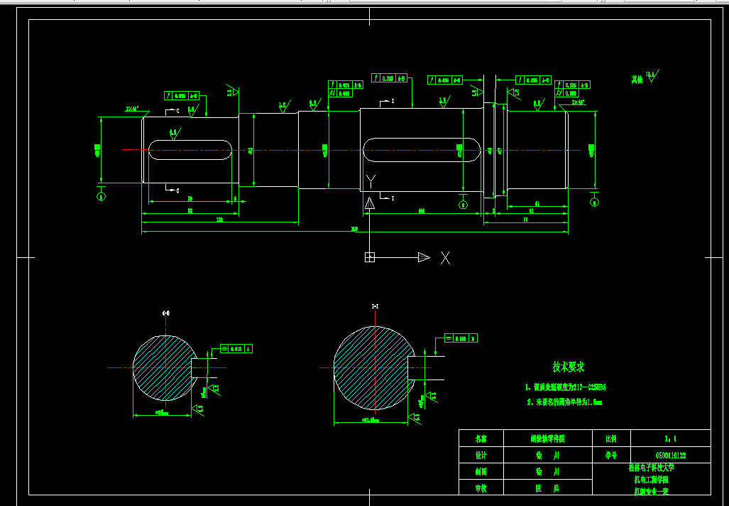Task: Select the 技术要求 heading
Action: pos(568,367)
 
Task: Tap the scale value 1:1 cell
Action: pos(670,438)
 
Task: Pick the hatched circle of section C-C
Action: pos(163,368)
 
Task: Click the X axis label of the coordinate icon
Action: pos(445,257)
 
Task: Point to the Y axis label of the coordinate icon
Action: pos(369,179)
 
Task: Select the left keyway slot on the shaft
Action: pos(190,149)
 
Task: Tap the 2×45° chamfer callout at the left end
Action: pos(132,109)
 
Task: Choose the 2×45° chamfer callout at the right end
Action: pos(579,102)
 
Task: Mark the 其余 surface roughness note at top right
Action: pos(645,77)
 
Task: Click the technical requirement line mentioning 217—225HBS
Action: pos(565,387)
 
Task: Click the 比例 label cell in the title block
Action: pos(610,438)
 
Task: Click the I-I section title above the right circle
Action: pos(375,306)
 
